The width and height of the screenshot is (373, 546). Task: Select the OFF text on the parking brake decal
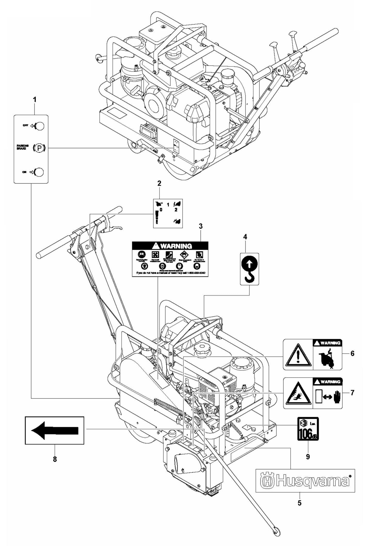25,126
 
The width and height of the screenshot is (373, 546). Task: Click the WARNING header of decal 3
170,246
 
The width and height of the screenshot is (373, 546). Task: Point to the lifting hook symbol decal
249,269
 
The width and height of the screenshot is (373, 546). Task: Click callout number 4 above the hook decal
245,237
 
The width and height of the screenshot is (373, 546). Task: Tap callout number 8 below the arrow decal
55,459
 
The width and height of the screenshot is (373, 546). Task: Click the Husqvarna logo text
305,481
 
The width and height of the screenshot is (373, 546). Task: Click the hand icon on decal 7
336,398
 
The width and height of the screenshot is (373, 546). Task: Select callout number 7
352,393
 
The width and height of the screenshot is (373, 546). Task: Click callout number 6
352,353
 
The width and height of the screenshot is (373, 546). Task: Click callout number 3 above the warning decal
201,227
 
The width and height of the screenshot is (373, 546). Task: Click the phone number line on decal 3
170,273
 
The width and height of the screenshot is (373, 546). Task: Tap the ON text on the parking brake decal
24,172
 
